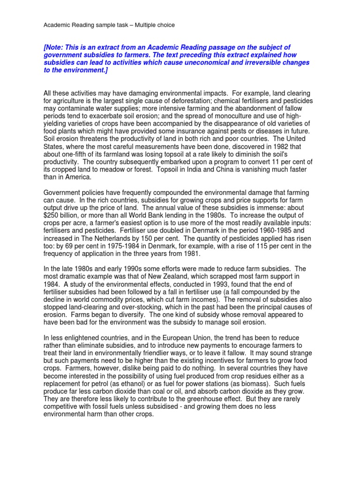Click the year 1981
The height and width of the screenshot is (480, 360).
pyautogui.click(x=190, y=253)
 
